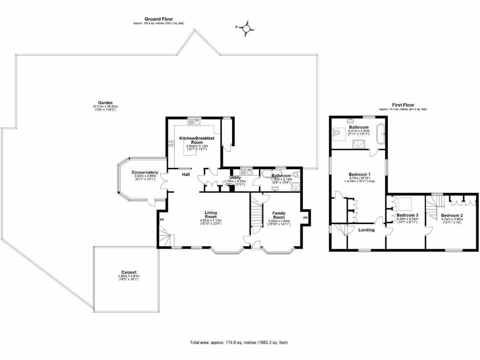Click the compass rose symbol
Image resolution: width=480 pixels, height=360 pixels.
click(246, 29)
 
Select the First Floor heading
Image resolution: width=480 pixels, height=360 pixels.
click(403, 105)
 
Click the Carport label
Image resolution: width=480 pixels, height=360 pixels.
click(128, 272)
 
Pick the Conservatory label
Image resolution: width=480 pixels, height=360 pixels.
click(145, 172)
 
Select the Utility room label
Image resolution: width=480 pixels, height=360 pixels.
click(235, 178)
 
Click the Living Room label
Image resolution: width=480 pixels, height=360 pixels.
click(211, 214)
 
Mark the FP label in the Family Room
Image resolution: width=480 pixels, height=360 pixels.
click(305, 218)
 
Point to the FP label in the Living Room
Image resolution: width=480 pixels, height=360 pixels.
click(162, 219)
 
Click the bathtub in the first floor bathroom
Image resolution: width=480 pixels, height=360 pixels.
click(381, 134)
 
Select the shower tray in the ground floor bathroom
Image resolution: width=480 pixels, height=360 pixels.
click(296, 187)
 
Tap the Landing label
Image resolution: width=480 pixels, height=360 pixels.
click(366, 230)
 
